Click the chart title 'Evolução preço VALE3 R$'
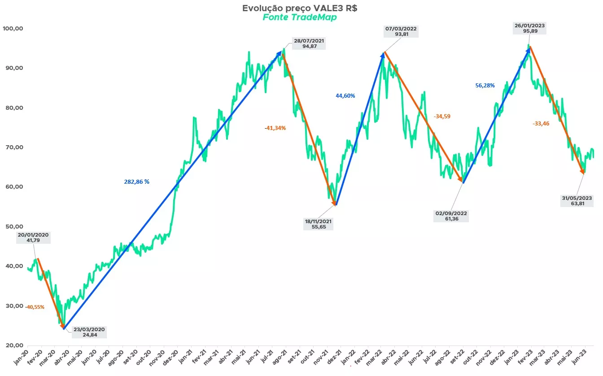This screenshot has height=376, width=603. (300, 8)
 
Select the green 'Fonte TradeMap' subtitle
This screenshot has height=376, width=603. (300, 17)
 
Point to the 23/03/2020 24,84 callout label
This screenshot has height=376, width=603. (88, 332)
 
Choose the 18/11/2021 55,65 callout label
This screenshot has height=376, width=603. (319, 225)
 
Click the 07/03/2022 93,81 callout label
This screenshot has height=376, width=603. (401, 31)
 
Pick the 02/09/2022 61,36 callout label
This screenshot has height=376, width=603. (451, 216)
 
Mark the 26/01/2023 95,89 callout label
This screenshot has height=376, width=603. (530, 29)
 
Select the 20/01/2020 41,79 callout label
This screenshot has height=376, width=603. (34, 238)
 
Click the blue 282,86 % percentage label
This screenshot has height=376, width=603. (137, 182)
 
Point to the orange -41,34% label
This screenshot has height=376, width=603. (275, 128)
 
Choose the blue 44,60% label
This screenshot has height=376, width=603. (345, 96)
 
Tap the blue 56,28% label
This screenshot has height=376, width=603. (485, 86)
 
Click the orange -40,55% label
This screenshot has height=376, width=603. (35, 307)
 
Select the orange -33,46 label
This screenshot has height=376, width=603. (541, 124)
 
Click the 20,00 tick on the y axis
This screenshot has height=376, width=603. (13, 346)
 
